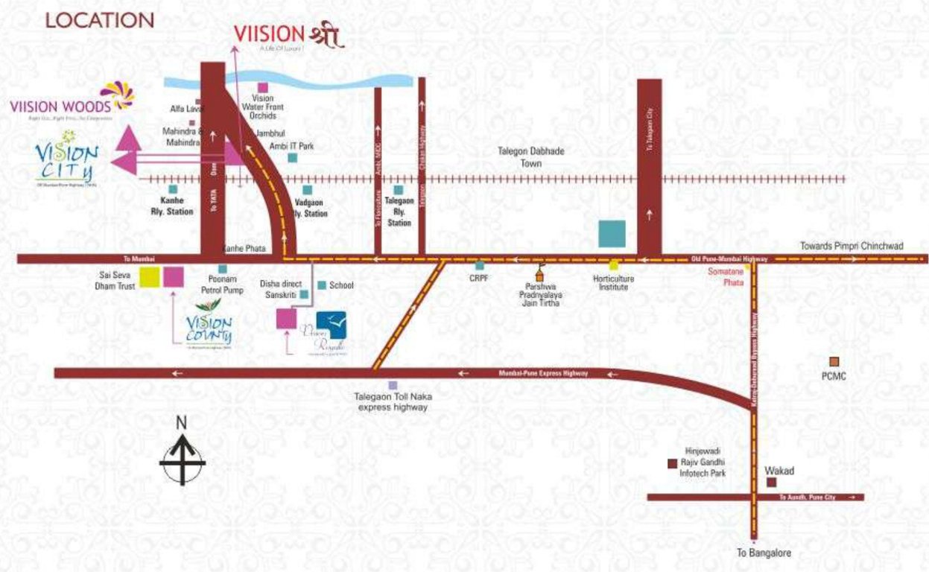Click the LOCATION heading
click(100, 20)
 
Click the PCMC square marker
click(834, 361)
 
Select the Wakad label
click(779, 471)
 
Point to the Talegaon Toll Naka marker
click(393, 385)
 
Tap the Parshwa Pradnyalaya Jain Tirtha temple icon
click(542, 273)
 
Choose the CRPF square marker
click(480, 265)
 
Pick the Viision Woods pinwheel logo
click(117, 95)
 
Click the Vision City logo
click(67, 158)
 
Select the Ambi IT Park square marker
click(292, 158)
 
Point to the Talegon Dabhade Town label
click(531, 156)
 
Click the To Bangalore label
click(764, 553)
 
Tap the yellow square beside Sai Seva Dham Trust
click(150, 276)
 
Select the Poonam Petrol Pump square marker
click(222, 269)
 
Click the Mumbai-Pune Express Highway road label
click(543, 372)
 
